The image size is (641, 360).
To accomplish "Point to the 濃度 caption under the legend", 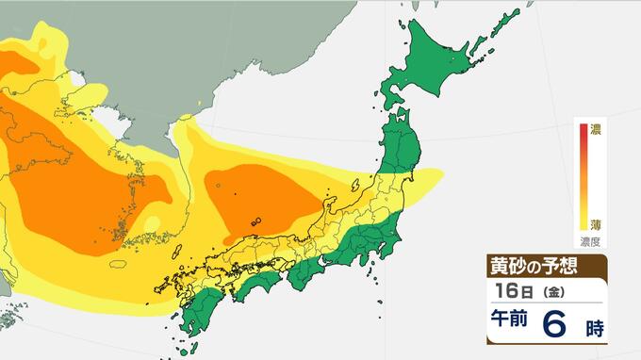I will click(592, 241).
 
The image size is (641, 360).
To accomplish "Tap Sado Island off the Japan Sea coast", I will click(364, 180).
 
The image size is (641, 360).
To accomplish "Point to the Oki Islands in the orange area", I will click(256, 222).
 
